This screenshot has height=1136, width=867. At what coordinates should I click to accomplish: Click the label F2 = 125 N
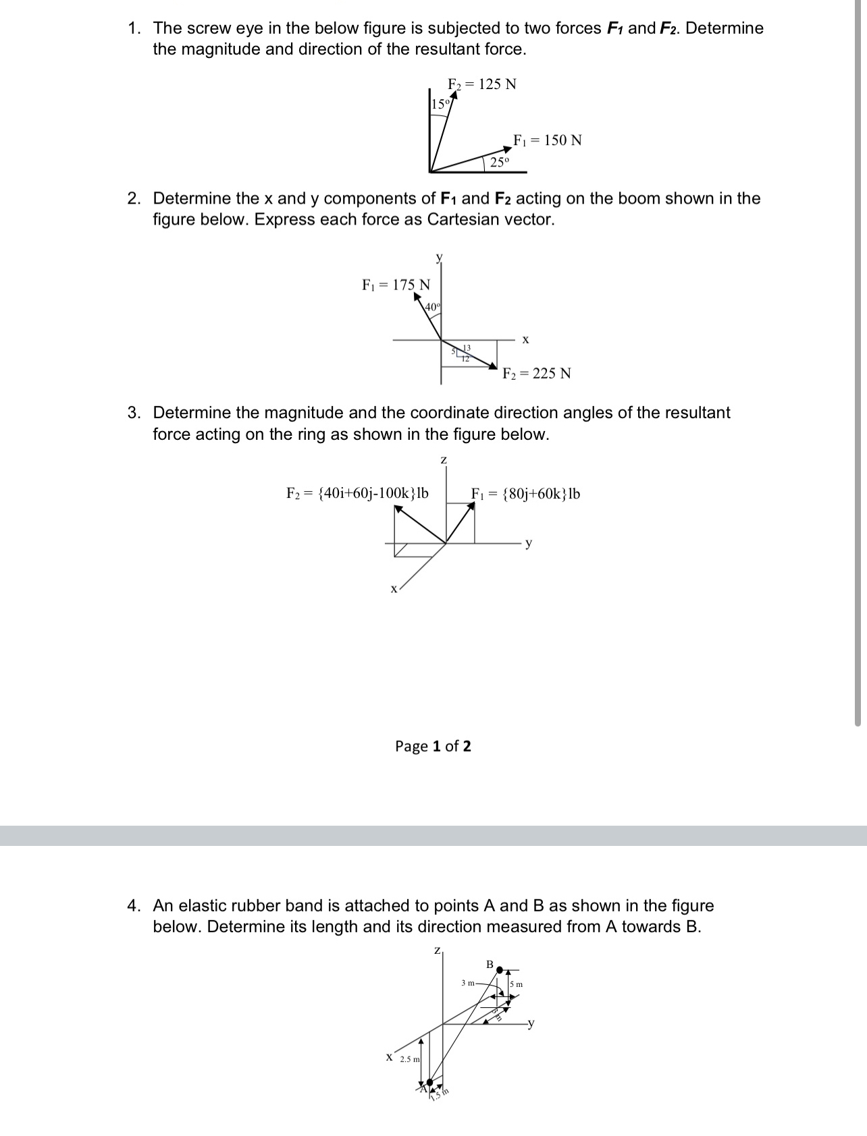[x=482, y=84]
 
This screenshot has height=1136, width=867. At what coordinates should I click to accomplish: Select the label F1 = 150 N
[x=547, y=140]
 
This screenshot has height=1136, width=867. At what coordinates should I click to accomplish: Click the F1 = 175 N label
[x=396, y=285]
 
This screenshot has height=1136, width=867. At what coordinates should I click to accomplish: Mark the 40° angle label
[x=433, y=307]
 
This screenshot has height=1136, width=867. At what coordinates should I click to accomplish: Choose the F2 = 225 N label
[x=537, y=373]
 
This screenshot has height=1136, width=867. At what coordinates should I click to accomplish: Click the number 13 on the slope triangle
[x=467, y=347]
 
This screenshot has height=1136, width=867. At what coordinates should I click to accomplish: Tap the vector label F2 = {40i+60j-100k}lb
[x=357, y=493]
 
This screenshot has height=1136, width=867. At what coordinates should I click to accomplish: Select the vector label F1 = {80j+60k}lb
[x=525, y=494]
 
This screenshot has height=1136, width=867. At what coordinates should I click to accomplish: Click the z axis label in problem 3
[x=444, y=460]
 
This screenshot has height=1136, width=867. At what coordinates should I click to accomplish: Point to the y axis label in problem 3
[x=529, y=542]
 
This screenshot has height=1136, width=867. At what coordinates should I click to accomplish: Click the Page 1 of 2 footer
[x=433, y=745]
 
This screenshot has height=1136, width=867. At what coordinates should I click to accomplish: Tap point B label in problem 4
[x=490, y=963]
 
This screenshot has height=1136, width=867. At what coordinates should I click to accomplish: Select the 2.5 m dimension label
[x=409, y=1059]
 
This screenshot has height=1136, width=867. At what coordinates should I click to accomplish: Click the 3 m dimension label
[x=468, y=983]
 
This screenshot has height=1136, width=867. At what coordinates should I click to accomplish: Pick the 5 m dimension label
[x=517, y=984]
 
